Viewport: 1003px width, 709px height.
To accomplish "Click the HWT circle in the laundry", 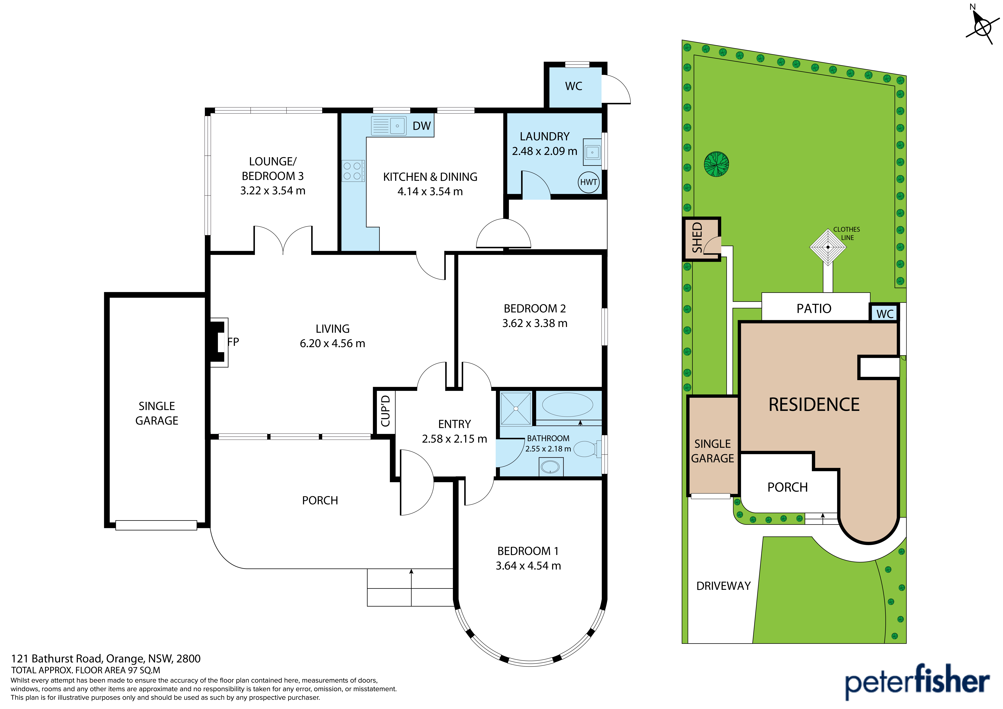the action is point(588,182).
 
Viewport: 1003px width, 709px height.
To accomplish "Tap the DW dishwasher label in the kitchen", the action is point(422,126).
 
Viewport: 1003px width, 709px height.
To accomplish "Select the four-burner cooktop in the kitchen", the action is point(353,171).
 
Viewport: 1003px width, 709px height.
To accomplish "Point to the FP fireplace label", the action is point(233,342).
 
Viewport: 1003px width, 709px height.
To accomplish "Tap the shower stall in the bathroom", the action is point(516,408).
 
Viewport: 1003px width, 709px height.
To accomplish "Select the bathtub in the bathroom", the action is point(567,405).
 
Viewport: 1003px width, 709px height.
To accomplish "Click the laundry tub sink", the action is point(592,152).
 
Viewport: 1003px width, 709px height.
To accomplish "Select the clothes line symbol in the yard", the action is point(828,247).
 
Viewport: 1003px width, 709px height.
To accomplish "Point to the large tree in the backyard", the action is point(716,164).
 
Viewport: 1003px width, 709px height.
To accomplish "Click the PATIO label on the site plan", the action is point(814,308).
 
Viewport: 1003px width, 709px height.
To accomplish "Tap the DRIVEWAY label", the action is point(723,586).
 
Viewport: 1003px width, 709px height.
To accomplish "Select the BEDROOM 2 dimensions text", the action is point(535,323).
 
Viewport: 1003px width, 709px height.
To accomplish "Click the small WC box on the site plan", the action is point(885,313).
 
